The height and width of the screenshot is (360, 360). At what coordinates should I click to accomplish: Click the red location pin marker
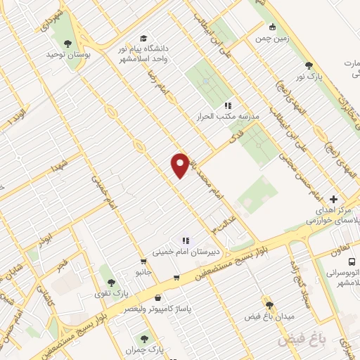[181, 165]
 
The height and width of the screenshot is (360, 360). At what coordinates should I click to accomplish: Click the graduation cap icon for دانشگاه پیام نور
[144, 38]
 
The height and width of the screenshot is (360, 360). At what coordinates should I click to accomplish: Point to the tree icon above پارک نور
[309, 65]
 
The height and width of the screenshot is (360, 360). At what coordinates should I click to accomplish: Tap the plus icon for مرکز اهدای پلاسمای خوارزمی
[334, 199]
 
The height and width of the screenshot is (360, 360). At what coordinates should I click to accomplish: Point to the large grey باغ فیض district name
[303, 340]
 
